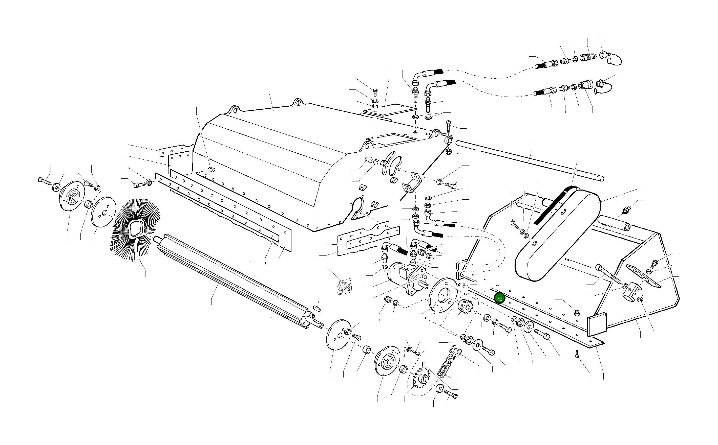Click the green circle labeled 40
click(499, 299)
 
